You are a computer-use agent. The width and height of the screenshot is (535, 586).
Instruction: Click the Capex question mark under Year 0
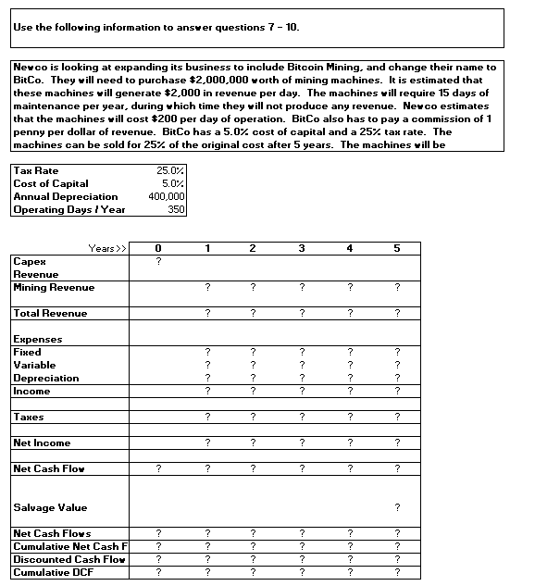(x=158, y=262)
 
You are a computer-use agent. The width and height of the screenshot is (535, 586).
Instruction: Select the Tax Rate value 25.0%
(x=170, y=171)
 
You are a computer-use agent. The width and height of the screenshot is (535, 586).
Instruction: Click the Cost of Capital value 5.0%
(x=173, y=184)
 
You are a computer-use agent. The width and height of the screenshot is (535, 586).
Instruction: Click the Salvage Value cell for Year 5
(x=397, y=507)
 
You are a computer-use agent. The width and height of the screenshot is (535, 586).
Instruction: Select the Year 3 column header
(x=301, y=248)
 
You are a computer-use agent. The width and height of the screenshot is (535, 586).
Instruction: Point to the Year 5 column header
(x=397, y=248)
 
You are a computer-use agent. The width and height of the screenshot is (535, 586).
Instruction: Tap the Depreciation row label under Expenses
(x=46, y=379)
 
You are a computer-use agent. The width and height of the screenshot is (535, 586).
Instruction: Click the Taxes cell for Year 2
(x=253, y=418)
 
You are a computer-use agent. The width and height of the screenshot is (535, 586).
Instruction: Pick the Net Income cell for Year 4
(x=349, y=443)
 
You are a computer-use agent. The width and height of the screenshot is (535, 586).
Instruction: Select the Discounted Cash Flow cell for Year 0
(x=158, y=560)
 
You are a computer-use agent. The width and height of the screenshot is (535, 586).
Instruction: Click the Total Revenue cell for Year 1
(x=207, y=314)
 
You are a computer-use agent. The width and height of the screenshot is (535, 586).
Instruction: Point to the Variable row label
(x=35, y=366)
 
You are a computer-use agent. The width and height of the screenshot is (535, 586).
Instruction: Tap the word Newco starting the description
(x=30, y=67)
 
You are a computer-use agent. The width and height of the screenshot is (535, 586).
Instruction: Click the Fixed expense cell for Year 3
(x=301, y=353)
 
